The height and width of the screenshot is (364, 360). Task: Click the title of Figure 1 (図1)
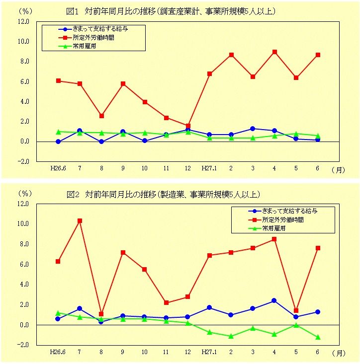point(171,10)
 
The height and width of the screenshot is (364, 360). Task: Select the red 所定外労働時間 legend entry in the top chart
point(95,37)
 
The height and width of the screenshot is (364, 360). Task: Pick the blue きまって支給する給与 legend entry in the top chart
point(95,29)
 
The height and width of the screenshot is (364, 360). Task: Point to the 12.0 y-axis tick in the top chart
point(23,21)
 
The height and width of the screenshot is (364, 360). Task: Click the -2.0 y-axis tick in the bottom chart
point(23,345)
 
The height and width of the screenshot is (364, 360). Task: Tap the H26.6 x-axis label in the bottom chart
point(58,352)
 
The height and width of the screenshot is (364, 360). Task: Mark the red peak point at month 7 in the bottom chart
point(80,220)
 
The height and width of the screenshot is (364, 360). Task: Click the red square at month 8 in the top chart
point(101,116)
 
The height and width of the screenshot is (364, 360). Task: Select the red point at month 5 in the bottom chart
point(296,310)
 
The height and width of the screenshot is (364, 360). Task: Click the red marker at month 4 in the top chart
point(274,52)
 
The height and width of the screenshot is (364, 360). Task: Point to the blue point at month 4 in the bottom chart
point(274,300)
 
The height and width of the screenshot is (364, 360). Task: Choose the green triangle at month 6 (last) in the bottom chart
point(318,337)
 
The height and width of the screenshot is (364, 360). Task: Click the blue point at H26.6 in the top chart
point(58,142)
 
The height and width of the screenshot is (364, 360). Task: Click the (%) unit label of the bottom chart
point(25,193)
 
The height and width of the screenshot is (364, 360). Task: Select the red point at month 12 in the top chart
point(188,126)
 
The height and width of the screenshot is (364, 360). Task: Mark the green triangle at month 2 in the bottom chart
point(231,336)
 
